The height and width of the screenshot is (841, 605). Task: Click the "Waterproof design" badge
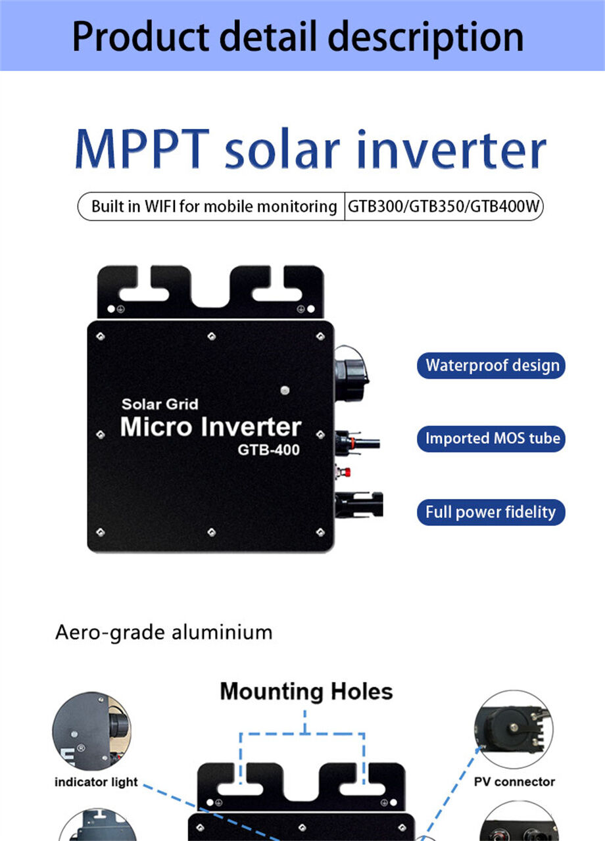tap(491, 366)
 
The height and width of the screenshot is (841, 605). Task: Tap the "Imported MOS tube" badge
tap(491, 439)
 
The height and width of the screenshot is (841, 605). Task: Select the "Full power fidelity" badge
tap(491, 512)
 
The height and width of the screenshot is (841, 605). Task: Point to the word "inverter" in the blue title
tap(451, 151)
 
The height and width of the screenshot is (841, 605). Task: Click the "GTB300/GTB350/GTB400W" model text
tap(444, 206)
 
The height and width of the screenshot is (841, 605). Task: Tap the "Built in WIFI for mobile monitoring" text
tap(214, 206)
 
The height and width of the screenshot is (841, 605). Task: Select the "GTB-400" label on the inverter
tap(269, 450)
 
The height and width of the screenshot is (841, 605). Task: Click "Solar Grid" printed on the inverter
tap(159, 404)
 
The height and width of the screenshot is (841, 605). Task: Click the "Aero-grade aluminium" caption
tap(164, 633)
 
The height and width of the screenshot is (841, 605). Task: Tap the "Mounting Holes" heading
tap(306, 692)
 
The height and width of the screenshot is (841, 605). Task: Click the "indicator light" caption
tap(96, 782)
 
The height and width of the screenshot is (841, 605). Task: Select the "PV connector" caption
tap(514, 782)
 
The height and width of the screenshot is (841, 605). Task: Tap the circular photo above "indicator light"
tap(91, 731)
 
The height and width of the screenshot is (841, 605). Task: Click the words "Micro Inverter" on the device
tap(210, 427)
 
